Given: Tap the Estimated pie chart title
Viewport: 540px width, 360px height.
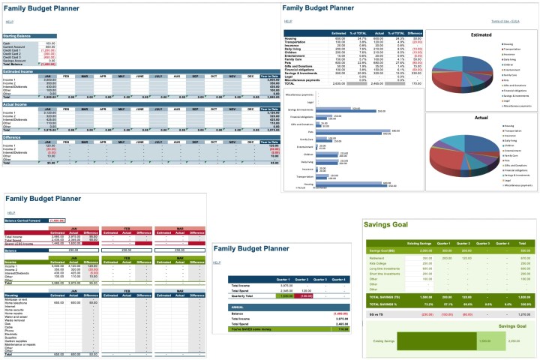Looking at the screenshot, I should (481, 34).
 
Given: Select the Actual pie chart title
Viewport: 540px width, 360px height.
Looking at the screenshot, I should (481, 118).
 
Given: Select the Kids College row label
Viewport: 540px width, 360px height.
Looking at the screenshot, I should (378, 263).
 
